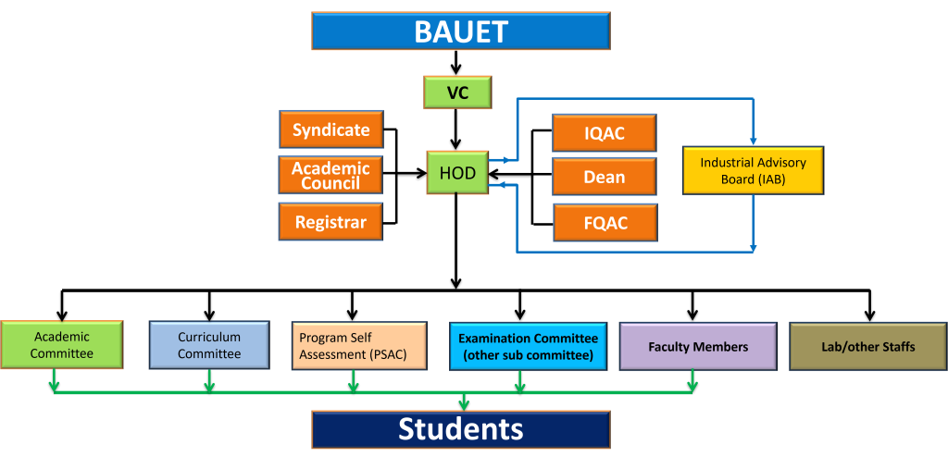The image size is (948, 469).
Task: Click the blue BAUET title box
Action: [x=460, y=31]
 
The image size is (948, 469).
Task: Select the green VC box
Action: [x=457, y=93]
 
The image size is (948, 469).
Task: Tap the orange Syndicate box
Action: [x=331, y=130]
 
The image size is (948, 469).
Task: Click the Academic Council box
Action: [x=331, y=175]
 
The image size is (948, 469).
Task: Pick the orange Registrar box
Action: [x=331, y=222]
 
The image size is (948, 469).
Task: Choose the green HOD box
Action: [x=457, y=173]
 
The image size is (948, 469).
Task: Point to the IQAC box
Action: [x=604, y=133]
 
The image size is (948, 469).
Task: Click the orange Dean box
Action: [x=604, y=177]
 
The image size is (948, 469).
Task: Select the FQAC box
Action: [x=605, y=222]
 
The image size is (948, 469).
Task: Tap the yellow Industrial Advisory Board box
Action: [x=753, y=170]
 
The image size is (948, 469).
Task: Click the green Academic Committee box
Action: [x=61, y=345]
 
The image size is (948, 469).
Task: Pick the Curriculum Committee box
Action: [x=209, y=345]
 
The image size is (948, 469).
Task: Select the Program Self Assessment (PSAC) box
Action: [x=358, y=346]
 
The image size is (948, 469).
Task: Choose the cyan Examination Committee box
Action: [x=528, y=346]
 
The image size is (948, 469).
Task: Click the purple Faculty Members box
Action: [x=698, y=346]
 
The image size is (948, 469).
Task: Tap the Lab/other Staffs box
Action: [x=867, y=346]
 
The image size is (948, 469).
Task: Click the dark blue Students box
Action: [x=460, y=429]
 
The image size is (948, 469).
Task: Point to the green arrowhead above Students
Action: [x=464, y=403]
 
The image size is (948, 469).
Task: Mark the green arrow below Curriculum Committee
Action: [x=209, y=381]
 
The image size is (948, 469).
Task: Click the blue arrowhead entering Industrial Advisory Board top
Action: [x=753, y=140]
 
